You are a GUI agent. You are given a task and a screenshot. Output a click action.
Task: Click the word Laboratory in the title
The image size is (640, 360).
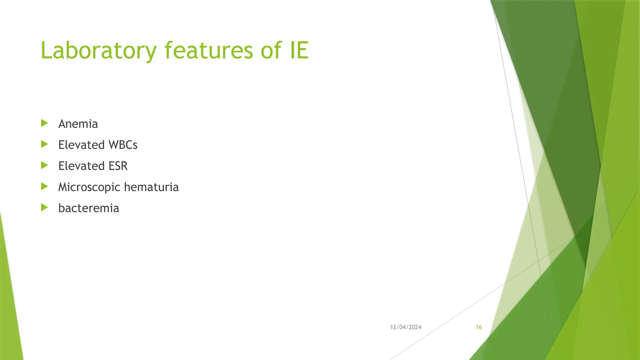click(x=98, y=51)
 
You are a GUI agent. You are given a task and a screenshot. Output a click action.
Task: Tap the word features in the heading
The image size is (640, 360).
click(x=208, y=51)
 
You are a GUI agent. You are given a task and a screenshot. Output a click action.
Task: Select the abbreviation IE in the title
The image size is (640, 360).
click(x=299, y=51)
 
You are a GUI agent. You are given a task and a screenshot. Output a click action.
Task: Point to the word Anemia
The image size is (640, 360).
click(x=78, y=124)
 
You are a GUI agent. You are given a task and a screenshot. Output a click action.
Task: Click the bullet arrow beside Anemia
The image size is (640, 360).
click(x=44, y=123)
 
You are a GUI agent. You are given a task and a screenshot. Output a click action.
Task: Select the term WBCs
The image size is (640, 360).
click(x=123, y=145)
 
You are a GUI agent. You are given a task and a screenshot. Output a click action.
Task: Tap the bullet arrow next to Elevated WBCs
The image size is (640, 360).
click(x=44, y=144)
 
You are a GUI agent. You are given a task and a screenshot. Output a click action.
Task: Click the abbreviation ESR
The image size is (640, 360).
click(x=118, y=166)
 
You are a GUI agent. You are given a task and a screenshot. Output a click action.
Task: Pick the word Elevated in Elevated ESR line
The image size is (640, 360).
click(x=81, y=166)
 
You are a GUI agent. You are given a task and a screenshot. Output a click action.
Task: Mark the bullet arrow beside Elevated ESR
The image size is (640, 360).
click(x=44, y=165)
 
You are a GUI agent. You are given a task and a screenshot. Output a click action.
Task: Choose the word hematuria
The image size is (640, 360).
click(x=151, y=187)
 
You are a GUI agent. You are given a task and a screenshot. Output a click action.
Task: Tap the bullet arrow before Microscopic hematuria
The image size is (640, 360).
click(x=44, y=187)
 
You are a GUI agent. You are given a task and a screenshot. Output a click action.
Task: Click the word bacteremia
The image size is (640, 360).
click(x=89, y=208)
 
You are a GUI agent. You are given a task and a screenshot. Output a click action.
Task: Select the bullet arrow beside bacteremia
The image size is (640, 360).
click(x=44, y=207)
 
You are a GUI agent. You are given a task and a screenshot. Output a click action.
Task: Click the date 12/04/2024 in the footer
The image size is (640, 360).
click(x=406, y=327)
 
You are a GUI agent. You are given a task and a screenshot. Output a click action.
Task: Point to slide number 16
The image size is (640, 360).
click(x=479, y=327)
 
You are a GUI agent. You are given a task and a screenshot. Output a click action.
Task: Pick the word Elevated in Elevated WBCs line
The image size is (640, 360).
click(x=81, y=145)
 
